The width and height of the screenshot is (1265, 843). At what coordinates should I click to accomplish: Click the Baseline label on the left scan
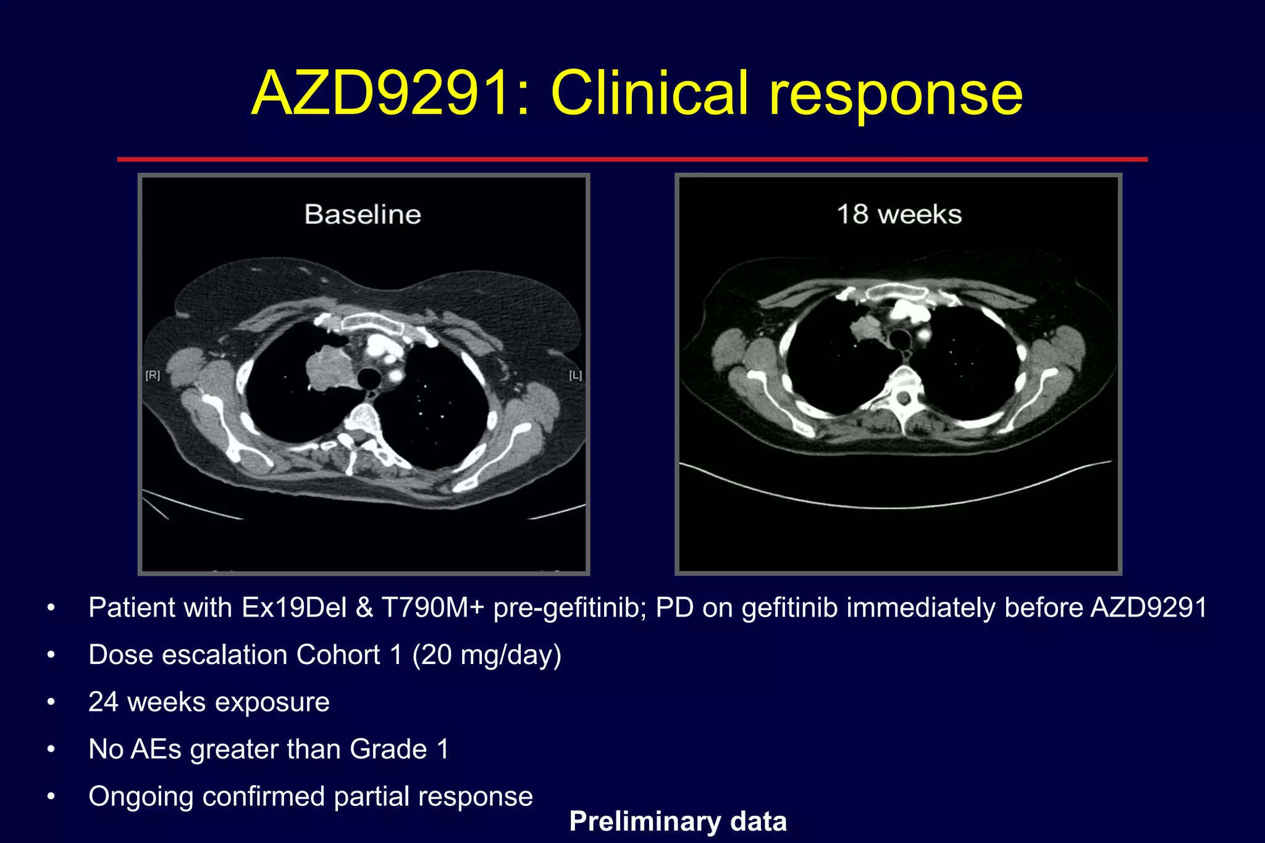click(x=363, y=215)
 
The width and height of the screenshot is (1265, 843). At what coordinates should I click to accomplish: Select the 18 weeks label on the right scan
click(x=899, y=215)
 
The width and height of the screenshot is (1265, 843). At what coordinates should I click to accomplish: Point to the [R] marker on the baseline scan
click(x=153, y=375)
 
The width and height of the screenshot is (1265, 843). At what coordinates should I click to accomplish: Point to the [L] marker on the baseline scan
click(x=575, y=375)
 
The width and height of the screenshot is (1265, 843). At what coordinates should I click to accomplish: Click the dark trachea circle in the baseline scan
click(x=369, y=377)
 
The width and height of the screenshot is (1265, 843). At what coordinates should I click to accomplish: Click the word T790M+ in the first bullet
click(x=433, y=608)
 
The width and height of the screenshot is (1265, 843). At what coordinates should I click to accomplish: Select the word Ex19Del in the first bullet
click(x=294, y=608)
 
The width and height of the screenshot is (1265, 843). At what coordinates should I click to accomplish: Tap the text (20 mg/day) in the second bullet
click(x=487, y=655)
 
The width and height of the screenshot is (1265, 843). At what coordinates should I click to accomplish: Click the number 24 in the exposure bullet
click(x=103, y=702)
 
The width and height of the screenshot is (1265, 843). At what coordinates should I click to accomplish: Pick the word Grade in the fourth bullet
click(x=389, y=749)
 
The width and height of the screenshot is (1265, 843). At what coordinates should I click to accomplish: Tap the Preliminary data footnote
click(x=678, y=821)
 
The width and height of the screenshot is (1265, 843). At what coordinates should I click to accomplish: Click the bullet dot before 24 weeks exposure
click(x=51, y=702)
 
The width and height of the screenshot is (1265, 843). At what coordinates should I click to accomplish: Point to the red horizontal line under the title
click(x=632, y=159)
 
